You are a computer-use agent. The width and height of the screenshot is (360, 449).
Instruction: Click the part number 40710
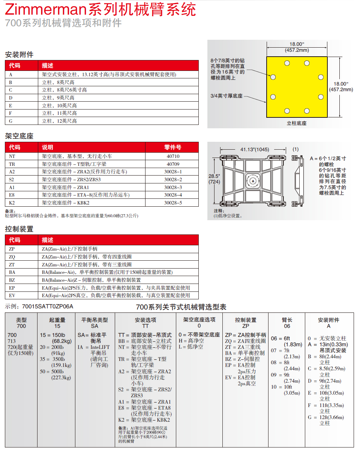coord(172,156)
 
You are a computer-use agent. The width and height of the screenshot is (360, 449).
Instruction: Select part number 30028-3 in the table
coord(172,187)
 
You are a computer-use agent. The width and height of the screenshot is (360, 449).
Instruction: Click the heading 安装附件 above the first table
coord(19,55)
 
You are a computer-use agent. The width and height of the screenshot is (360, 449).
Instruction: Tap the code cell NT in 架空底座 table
coord(12,156)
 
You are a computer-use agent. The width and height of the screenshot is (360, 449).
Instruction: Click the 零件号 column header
coord(172,147)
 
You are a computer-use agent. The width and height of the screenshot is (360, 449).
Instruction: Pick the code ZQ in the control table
coord(12,257)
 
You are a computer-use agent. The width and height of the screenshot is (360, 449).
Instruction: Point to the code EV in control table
coord(12,295)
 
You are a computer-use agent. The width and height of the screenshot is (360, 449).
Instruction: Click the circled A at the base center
coord(253,181)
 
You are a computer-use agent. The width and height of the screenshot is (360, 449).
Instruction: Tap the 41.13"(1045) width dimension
coord(255,149)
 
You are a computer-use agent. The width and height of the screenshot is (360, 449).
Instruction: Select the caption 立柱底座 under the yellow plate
coord(296,123)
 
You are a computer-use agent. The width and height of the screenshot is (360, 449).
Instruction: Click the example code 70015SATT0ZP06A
coord(48,306)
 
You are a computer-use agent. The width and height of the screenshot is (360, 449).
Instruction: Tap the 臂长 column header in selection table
coord(287,320)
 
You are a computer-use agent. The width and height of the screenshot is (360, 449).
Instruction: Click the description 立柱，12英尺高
coord(59,121)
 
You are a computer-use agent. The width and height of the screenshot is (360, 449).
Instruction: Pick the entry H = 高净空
coord(191,341)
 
